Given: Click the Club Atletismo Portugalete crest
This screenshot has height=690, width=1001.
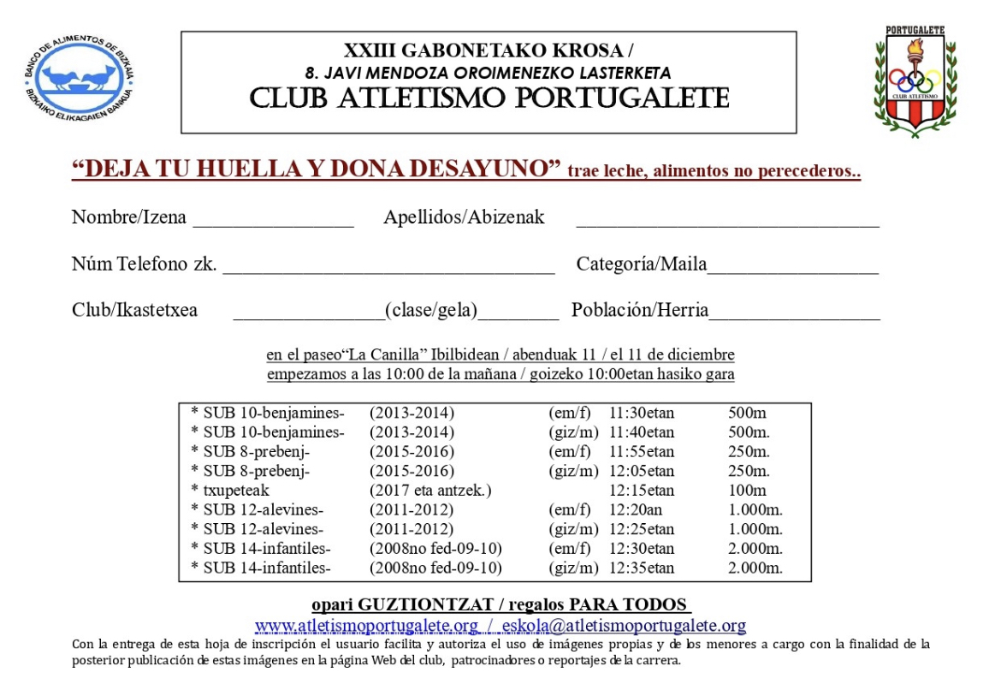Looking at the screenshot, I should tap(915, 80).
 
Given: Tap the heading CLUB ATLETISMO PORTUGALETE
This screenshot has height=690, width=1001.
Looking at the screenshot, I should tap(489, 98).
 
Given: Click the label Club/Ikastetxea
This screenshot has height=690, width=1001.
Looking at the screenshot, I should tap(134, 310).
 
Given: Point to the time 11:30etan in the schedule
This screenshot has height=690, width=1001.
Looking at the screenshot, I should tap(641, 413).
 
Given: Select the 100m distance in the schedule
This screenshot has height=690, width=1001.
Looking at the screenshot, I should tap(747, 491).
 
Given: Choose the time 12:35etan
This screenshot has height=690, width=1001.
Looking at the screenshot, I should tap(641, 568).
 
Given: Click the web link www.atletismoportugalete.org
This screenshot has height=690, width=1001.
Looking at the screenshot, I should tap(366, 626).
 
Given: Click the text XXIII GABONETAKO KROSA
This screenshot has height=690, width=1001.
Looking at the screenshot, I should tap(489, 51).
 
